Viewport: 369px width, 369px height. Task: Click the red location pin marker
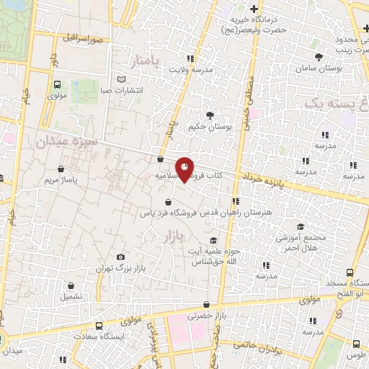click(x=185, y=169)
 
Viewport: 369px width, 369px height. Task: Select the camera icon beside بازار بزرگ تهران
click(x=120, y=257)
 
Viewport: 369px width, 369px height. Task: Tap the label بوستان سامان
click(x=318, y=67)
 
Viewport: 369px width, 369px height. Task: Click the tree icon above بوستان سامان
click(x=318, y=55)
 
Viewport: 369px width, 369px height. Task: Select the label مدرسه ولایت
click(x=190, y=70)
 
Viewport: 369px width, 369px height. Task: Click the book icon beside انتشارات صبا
click(x=120, y=79)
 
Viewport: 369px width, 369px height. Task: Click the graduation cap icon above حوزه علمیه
click(x=212, y=241)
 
